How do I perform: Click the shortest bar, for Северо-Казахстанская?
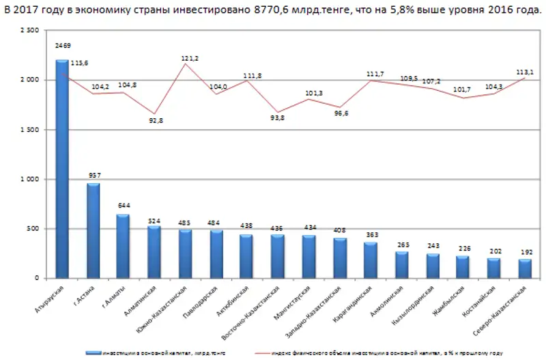tap(525, 268)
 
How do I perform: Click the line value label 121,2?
tap(190, 59)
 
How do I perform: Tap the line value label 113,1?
tap(526, 72)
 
